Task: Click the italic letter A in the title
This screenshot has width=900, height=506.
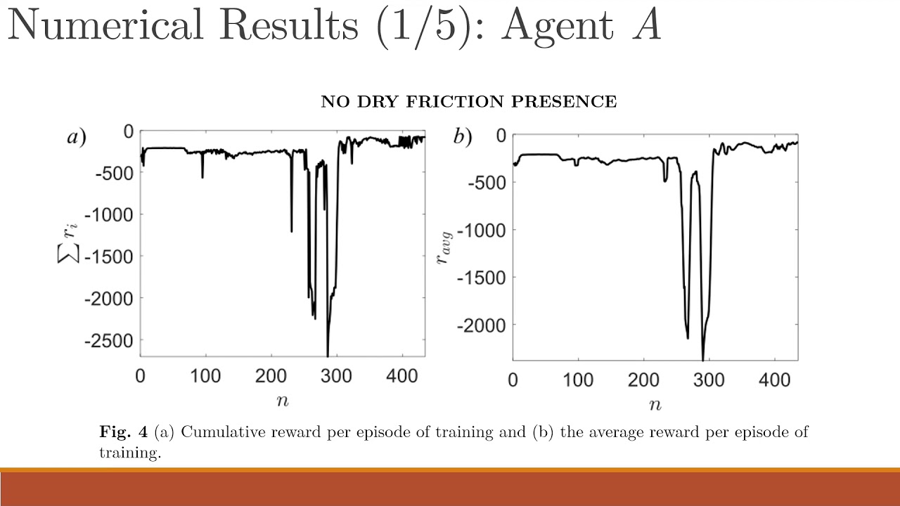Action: (645, 26)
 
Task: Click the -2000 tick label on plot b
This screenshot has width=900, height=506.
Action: (482, 325)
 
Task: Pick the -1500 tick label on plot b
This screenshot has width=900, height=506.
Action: (482, 278)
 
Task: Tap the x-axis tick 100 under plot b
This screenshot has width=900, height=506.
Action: (578, 380)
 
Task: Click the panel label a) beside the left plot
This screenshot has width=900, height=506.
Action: (77, 138)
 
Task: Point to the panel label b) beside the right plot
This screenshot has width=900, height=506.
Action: (462, 138)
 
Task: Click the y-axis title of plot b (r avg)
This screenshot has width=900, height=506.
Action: (444, 246)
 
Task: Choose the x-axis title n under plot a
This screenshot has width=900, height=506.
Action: (282, 401)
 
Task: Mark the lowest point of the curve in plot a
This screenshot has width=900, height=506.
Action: (328, 355)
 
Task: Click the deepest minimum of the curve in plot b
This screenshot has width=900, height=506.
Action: (703, 360)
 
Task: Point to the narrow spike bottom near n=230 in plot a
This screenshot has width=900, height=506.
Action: (291, 231)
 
